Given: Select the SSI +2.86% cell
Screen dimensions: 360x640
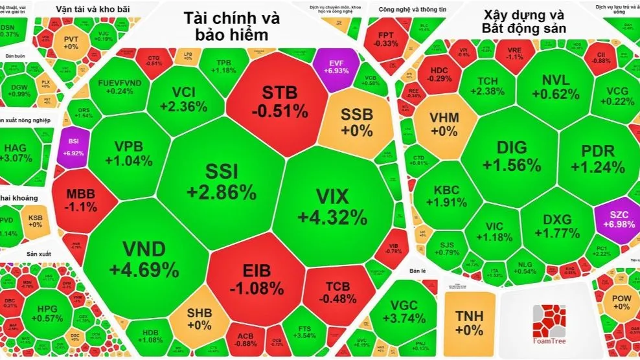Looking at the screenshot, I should click(222, 181).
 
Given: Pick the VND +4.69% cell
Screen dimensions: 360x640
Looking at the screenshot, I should click(144, 258).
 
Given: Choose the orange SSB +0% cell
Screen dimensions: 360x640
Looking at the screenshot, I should click(356, 122).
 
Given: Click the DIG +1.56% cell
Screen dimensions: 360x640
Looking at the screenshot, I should click(511, 155).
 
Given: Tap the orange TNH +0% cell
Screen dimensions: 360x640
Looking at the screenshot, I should click(469, 321).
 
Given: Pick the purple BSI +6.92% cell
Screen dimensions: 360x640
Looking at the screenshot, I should click(69, 146).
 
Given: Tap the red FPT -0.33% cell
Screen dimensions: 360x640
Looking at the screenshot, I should click(387, 39).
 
